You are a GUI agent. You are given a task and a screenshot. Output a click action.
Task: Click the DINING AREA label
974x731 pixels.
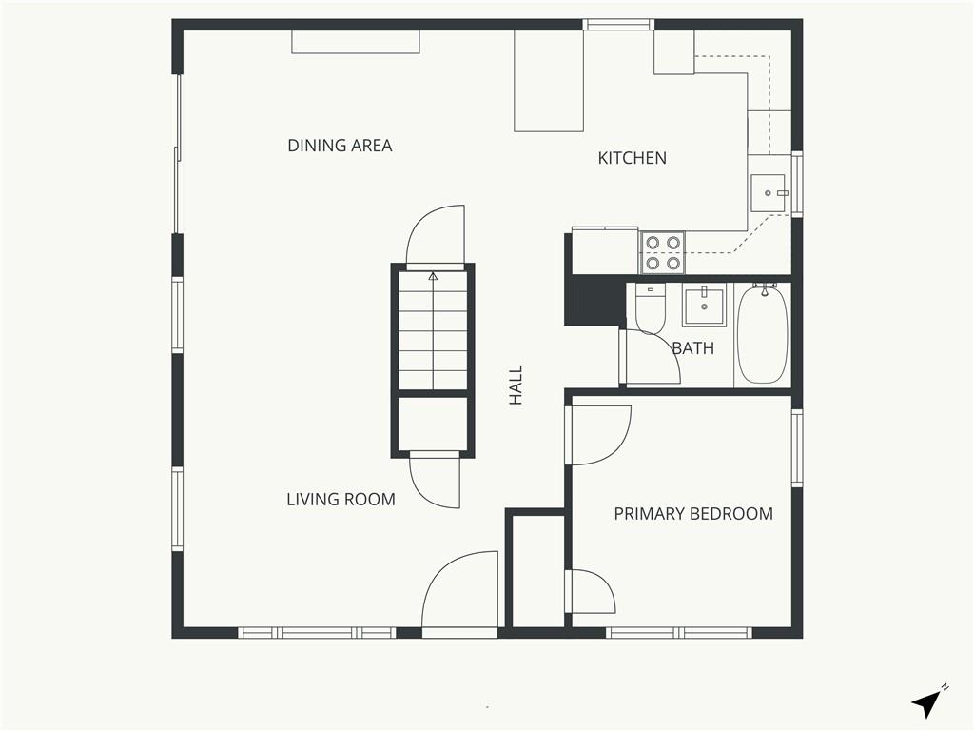(x=340, y=146)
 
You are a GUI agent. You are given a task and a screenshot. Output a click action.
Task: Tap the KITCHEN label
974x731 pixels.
(x=632, y=158)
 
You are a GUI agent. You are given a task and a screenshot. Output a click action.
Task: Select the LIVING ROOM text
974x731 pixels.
(x=341, y=499)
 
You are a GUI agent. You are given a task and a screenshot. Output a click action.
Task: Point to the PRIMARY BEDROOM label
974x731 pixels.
(x=693, y=513)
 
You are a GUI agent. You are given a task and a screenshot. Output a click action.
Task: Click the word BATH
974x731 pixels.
(x=693, y=348)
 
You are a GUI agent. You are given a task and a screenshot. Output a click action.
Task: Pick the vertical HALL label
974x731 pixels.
(x=516, y=385)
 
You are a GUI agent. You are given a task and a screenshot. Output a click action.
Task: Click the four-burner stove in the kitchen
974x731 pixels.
(x=663, y=253)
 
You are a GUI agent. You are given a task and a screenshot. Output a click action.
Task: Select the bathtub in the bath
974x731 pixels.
(x=762, y=335)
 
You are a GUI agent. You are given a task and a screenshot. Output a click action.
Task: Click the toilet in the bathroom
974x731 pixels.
(x=650, y=308)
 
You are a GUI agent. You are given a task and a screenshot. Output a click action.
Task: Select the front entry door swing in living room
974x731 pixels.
(x=459, y=589)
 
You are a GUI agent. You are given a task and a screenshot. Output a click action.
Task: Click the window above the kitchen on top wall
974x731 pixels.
(x=618, y=24)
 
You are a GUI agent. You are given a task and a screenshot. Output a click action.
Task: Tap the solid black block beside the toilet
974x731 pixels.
(x=594, y=300)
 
